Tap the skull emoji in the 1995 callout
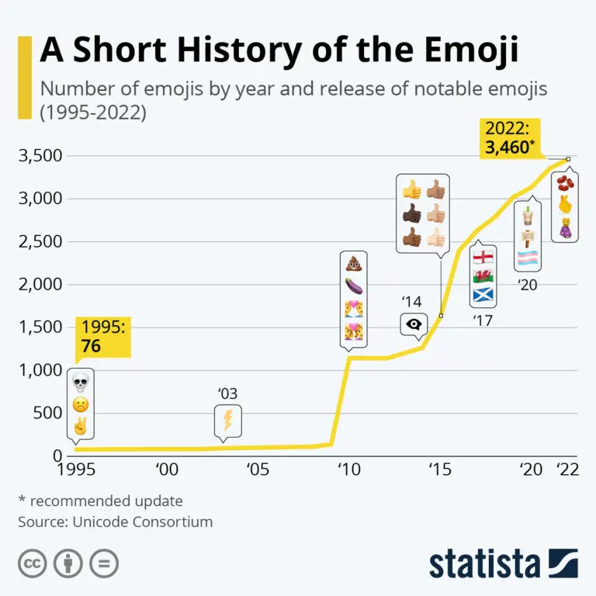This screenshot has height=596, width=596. tap(80, 382)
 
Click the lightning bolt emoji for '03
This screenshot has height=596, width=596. tap(227, 421)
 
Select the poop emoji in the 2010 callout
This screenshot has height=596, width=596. tap(354, 264)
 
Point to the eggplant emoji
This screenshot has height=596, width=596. tap(354, 287)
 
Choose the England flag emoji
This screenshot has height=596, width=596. tap(483, 257)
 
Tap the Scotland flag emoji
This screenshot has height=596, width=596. tap(483, 296)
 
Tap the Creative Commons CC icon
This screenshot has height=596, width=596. tap(31, 563)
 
